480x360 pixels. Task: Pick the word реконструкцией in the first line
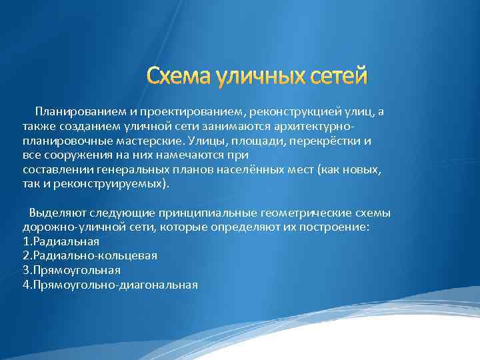[x=285, y=111]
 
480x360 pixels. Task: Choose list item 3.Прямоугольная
[x=71, y=270]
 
